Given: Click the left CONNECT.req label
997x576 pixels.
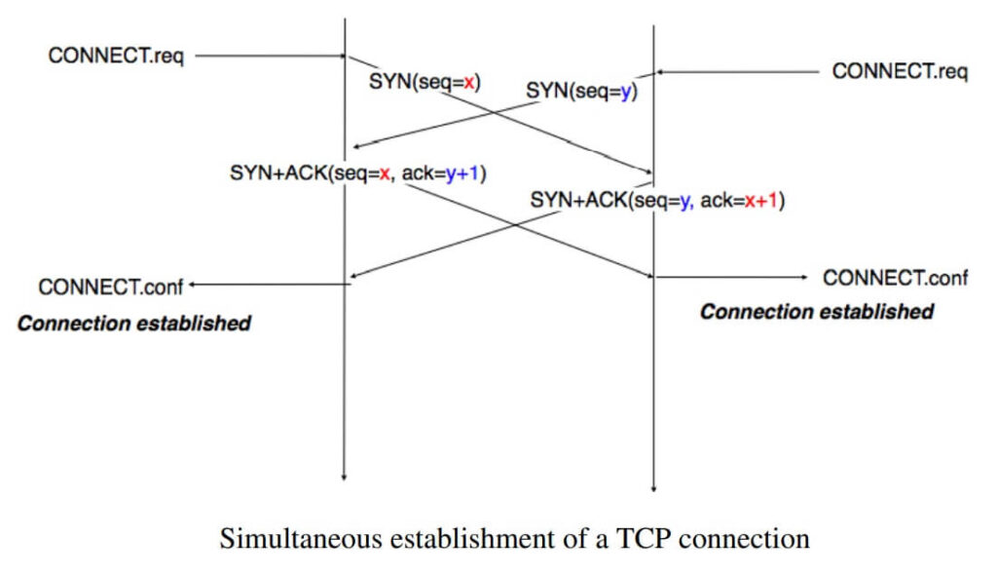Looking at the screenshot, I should coord(115,56).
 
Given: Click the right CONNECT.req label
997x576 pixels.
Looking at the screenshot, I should coord(900,71).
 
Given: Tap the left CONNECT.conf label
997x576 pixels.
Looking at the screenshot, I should coord(110,287).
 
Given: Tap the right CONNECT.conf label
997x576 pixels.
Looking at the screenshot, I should coord(895,278).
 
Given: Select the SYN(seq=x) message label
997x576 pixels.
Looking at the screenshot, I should coord(425,84).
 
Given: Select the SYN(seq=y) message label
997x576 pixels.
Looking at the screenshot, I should coord(581,91).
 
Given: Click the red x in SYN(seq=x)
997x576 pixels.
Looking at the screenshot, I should coord(469,84).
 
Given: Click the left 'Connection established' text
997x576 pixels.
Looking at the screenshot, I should coord(133,323).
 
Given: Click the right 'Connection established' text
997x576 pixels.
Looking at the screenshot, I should coord(816,312).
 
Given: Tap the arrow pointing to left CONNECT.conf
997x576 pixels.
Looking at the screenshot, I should coord(268,285).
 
